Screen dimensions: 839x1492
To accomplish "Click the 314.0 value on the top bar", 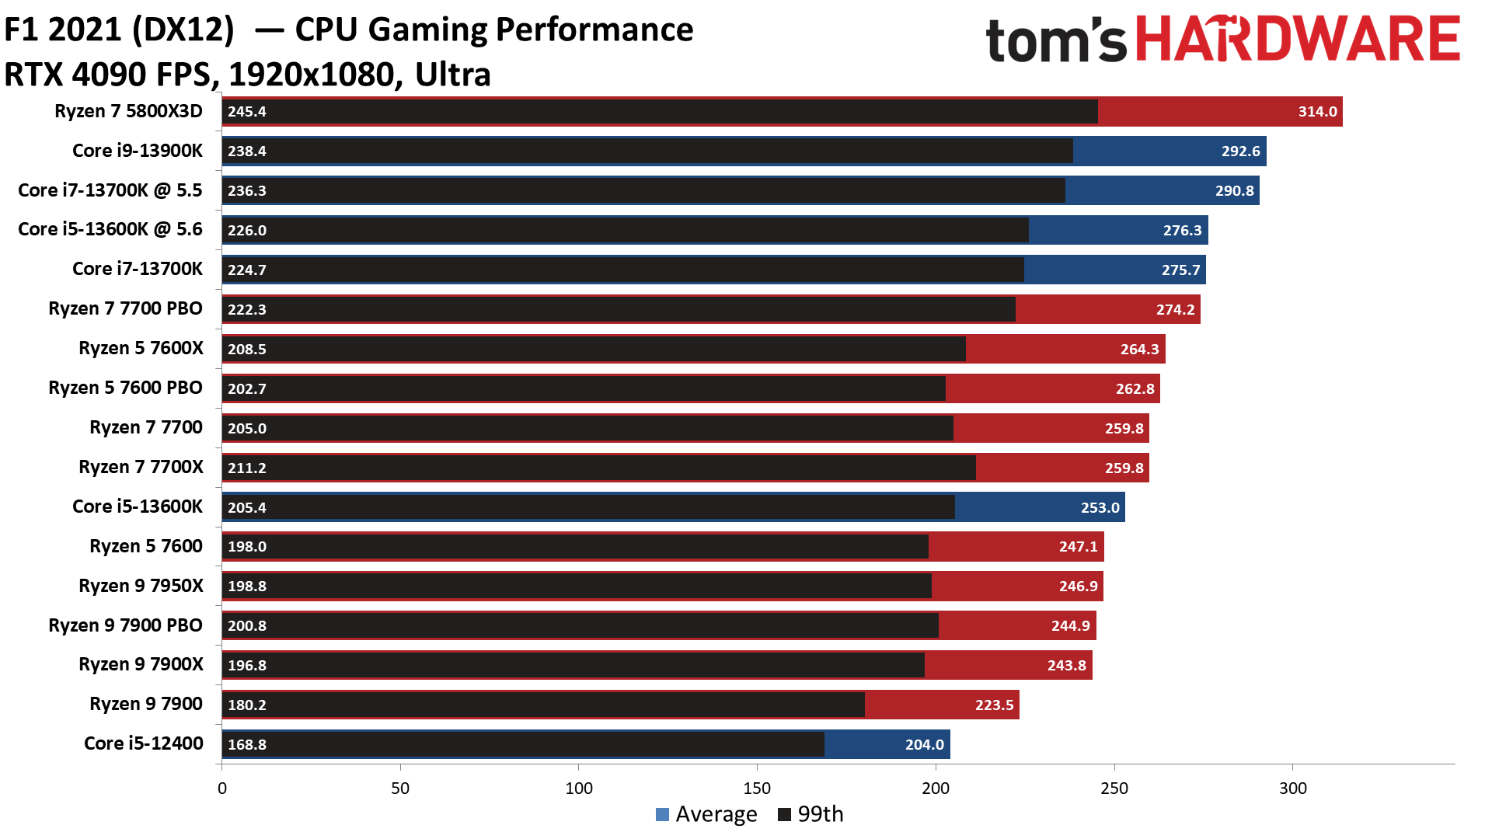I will pos(1317,112).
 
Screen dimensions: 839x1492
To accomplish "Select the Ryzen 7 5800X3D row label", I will pos(128,111).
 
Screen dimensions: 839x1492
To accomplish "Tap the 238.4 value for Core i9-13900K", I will pos(247,151).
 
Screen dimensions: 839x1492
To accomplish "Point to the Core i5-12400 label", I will pos(143,743).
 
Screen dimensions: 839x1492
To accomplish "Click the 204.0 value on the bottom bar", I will pos(924,745).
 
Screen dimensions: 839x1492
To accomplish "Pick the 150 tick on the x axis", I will pos(757,789).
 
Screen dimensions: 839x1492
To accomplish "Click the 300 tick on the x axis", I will pos(1292,789).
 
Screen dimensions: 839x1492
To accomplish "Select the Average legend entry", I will pos(706,814).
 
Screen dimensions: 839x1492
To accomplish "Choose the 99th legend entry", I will pos(810,814).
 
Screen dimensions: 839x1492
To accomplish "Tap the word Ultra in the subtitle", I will pos(452,75).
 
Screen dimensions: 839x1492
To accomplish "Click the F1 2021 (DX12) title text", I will pos(119,30).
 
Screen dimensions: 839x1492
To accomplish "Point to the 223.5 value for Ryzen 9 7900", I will pos(994,705).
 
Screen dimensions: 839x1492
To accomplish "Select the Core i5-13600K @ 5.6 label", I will pos(110,229).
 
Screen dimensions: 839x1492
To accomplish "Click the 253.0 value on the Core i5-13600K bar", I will pos(1100,508).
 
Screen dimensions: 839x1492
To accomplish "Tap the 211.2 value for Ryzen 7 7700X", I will pos(247,468).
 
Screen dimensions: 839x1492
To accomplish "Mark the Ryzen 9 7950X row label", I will pos(141,586).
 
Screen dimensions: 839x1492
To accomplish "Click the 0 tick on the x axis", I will pos(222,789).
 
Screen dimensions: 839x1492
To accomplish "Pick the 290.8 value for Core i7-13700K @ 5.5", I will pos(1234,191).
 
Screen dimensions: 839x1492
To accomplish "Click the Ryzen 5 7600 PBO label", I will pos(125,388).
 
